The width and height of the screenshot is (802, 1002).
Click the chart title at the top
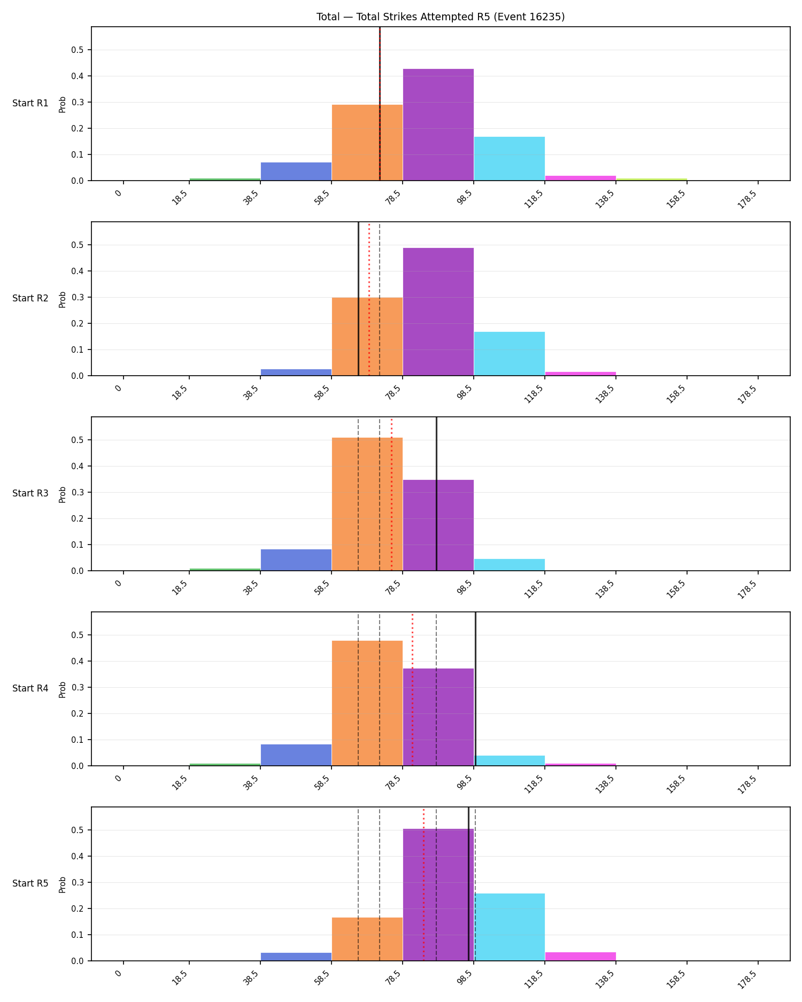click(441, 17)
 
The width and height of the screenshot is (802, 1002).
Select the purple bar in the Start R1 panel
click(438, 125)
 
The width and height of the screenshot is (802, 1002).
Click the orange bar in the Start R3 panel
click(367, 504)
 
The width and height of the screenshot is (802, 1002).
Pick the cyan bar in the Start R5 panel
click(509, 927)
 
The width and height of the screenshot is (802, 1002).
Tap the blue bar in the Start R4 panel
click(296, 755)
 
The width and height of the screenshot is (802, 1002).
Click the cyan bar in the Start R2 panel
click(509, 354)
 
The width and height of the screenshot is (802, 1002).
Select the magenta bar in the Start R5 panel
click(580, 957)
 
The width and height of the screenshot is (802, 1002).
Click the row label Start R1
click(30, 103)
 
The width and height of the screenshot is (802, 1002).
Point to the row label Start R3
click(30, 493)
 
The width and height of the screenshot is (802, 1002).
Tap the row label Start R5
click(30, 883)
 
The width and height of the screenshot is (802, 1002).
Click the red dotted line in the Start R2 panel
click(369, 299)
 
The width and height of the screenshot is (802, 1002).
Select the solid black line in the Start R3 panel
click(436, 494)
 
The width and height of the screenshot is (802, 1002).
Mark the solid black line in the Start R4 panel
click(475, 689)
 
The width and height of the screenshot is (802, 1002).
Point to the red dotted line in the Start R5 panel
click(423, 884)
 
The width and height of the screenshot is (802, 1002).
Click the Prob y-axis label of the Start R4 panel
click(63, 689)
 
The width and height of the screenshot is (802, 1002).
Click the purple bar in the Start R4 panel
click(438, 717)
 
